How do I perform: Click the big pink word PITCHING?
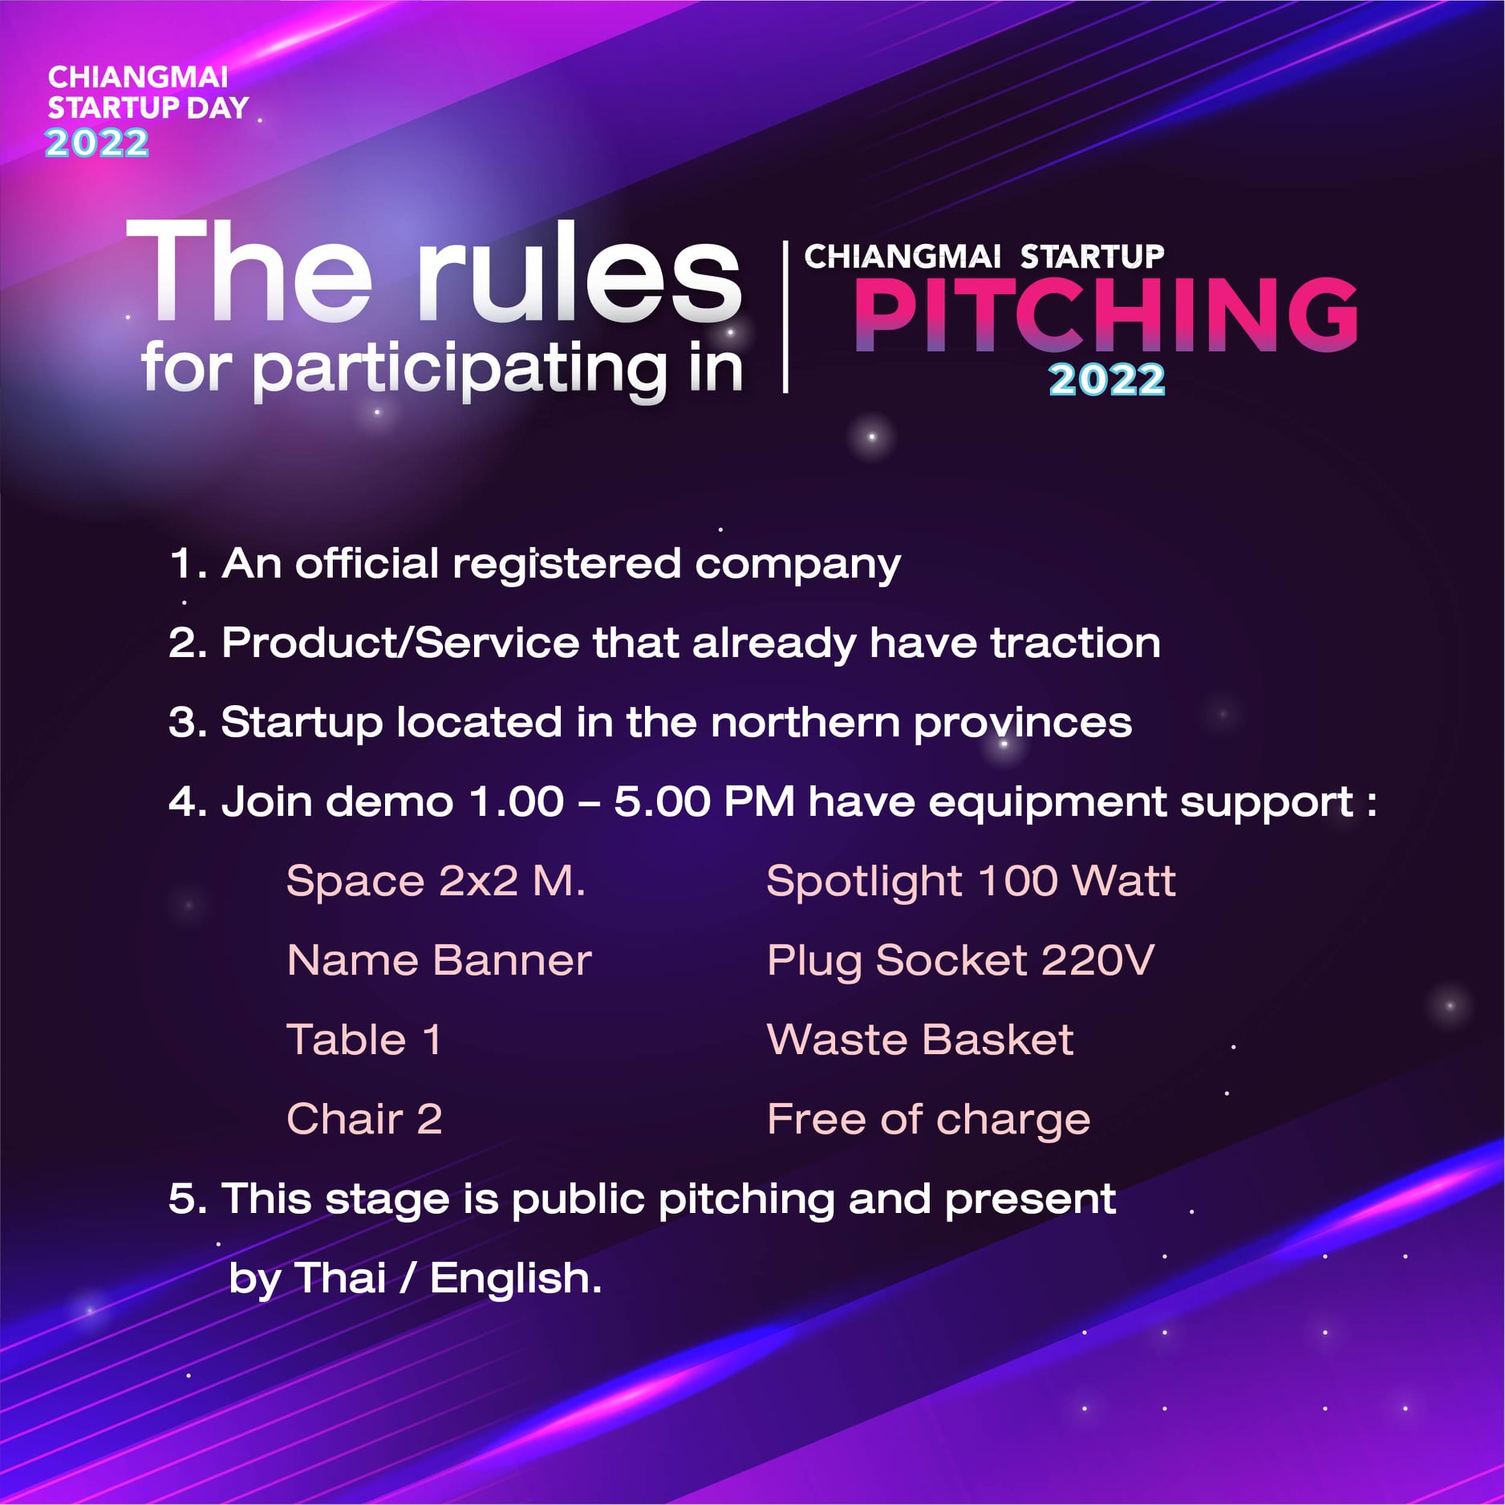(1105, 314)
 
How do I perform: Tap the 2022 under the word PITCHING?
(1106, 379)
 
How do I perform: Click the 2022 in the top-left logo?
(97, 143)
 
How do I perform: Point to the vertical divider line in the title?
(785, 316)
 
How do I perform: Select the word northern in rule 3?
(805, 722)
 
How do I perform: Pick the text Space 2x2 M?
(436, 881)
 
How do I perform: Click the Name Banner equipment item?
(440, 960)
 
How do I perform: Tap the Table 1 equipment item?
(364, 1040)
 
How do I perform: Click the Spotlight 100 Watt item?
(972, 882)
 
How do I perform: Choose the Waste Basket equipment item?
(920, 1040)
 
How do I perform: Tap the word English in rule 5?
(516, 1278)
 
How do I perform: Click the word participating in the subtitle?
(460, 369)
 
